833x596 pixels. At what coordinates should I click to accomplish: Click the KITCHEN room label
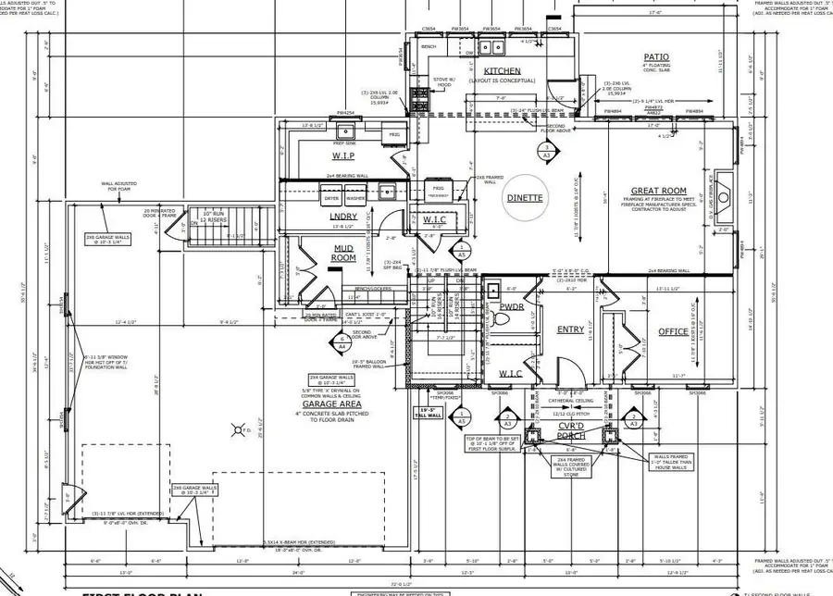(501, 70)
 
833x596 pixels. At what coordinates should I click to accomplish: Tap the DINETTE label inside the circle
(523, 197)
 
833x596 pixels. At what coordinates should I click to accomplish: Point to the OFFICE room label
(673, 331)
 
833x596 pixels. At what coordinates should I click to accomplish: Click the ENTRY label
(570, 329)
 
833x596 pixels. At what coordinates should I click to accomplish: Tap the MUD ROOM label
(343, 254)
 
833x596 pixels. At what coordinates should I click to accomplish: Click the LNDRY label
(343, 217)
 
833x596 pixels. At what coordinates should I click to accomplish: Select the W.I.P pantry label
(318, 155)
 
